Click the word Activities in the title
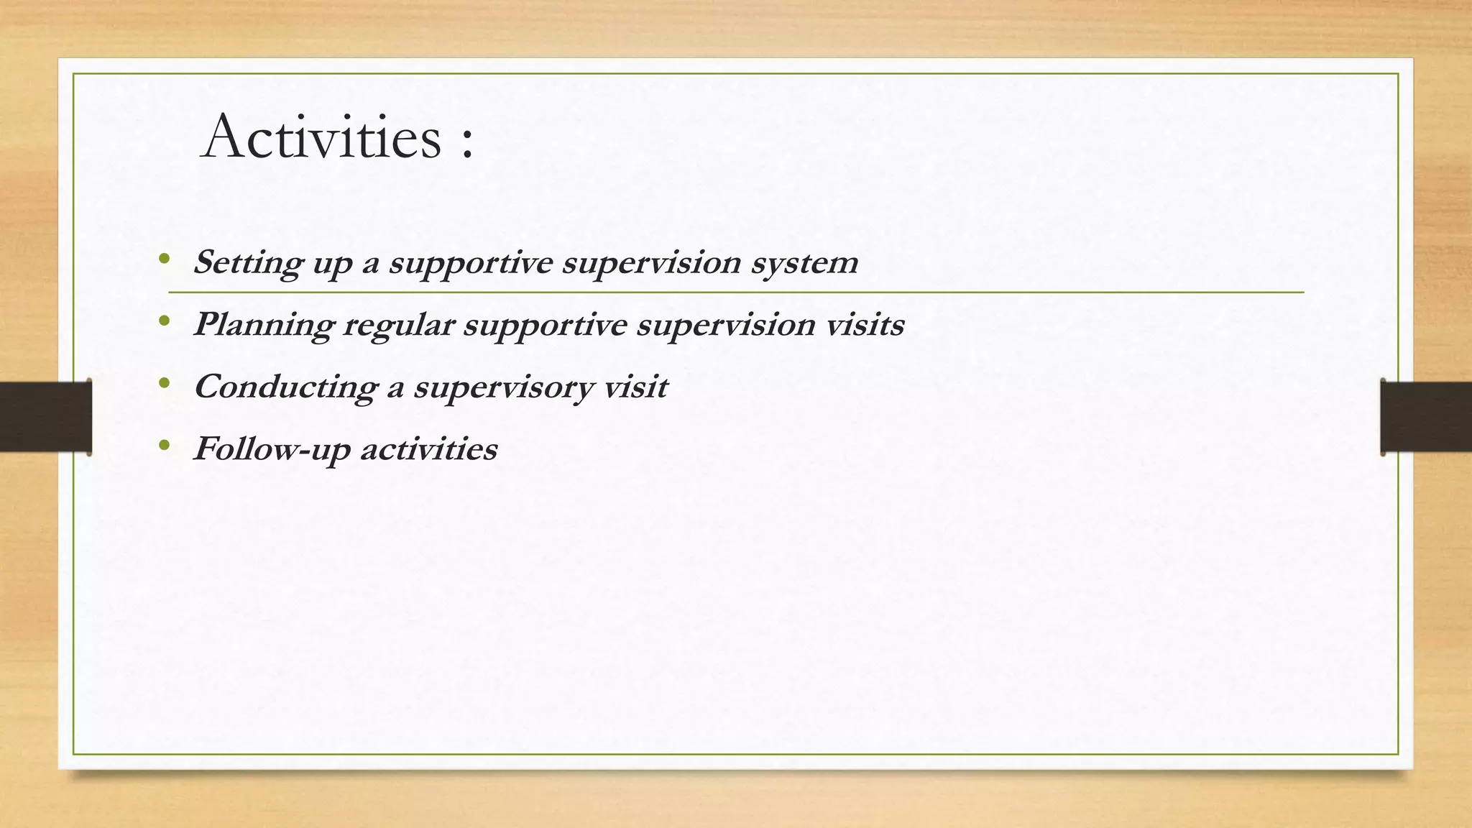click(322, 137)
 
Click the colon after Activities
click(467, 142)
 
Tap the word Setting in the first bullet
click(248, 263)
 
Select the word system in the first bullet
click(804, 263)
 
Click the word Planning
click(263, 326)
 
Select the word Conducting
click(285, 387)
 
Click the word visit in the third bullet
click(636, 387)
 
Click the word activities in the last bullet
click(428, 449)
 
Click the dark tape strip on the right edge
click(1426, 417)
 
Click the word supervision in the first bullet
click(651, 263)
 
